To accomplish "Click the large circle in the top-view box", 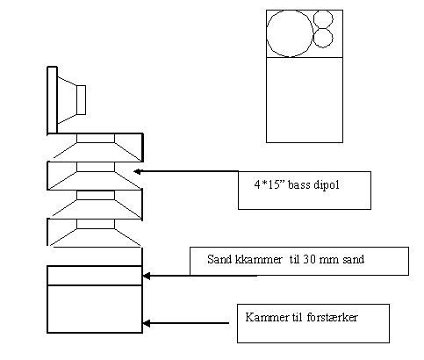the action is [x=267, y=33].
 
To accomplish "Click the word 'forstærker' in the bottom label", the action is [x=333, y=317].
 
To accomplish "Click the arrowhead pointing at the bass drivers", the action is [x=137, y=171].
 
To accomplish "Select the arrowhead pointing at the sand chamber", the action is [x=147, y=276].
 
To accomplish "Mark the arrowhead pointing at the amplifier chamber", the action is [x=147, y=323].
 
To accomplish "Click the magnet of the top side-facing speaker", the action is [x=81, y=100].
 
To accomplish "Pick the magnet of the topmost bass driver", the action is [x=96, y=138].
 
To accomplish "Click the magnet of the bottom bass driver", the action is [x=96, y=224].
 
